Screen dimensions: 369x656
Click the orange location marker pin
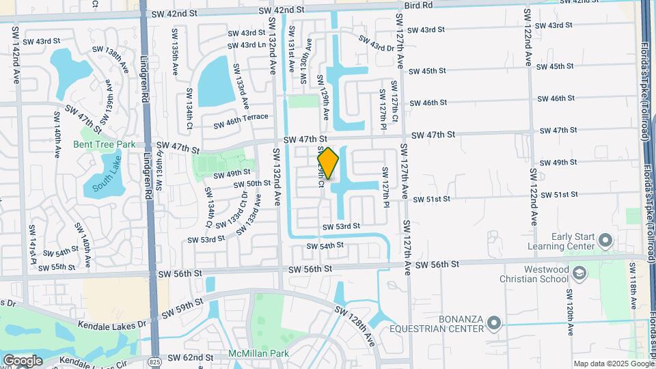328,163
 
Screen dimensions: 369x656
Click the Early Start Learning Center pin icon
605,240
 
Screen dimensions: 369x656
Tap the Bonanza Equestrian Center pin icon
495,322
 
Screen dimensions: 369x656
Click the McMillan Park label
259,354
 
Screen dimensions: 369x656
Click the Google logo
23,360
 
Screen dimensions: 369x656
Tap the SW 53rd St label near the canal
341,226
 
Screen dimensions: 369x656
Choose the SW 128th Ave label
355,325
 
